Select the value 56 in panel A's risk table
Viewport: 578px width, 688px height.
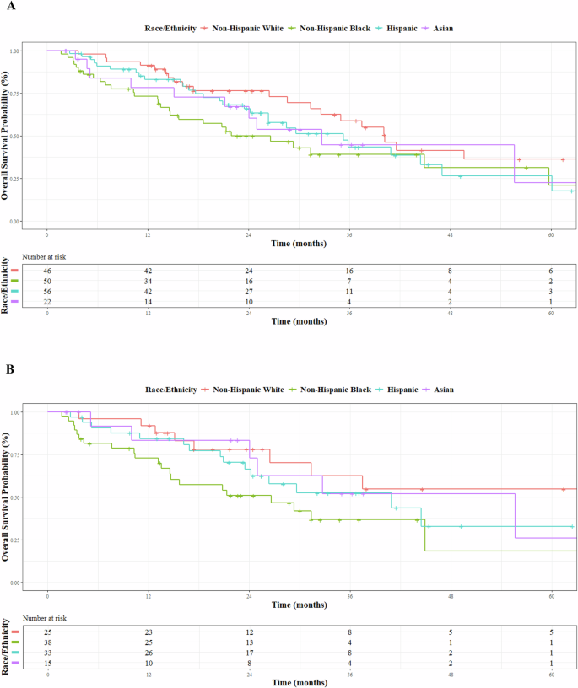(x=47, y=293)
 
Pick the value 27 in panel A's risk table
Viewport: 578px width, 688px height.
(x=249, y=293)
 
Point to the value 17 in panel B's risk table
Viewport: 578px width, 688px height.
(x=249, y=654)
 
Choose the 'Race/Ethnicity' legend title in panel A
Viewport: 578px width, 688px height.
(x=168, y=29)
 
